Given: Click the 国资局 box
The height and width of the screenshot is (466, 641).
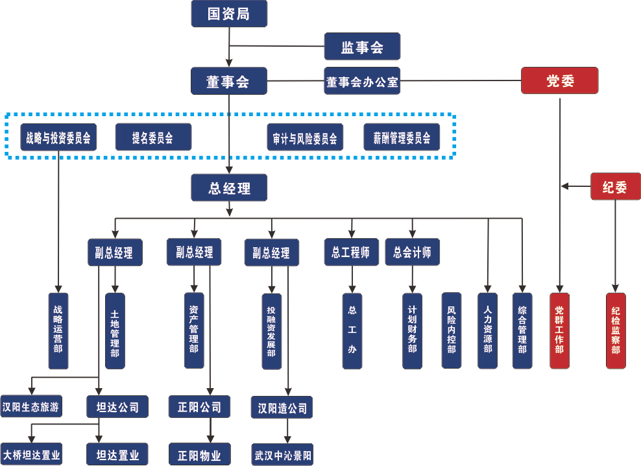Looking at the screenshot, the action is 229,14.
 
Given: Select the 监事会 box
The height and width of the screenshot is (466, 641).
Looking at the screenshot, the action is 362,47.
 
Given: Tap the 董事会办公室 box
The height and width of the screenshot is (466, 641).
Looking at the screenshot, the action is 362,81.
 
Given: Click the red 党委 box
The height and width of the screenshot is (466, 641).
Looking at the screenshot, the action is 560,80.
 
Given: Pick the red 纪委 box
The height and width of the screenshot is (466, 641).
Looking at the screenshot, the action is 615,186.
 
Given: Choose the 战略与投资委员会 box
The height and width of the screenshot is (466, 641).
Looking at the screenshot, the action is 58,138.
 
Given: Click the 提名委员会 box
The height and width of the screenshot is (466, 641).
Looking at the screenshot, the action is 153,138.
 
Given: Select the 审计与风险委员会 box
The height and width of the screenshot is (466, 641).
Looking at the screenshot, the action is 305,138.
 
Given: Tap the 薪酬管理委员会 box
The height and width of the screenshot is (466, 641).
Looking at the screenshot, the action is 402,138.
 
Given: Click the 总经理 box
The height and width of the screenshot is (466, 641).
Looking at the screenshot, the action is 229,188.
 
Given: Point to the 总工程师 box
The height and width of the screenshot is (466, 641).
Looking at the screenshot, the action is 352,252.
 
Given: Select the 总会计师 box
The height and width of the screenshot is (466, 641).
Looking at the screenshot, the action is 413,252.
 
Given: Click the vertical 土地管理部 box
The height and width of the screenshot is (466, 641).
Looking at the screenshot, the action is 115,331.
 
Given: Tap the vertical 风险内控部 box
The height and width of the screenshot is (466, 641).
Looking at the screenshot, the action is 452,330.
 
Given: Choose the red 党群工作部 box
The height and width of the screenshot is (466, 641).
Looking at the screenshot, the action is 560,330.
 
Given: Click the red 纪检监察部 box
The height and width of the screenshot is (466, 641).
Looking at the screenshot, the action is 616,330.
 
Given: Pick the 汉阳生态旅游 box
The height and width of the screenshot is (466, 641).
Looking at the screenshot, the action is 31,406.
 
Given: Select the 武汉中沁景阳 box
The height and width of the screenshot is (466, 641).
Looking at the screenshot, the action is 282,454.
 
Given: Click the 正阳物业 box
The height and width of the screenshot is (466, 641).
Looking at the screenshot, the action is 199,454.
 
